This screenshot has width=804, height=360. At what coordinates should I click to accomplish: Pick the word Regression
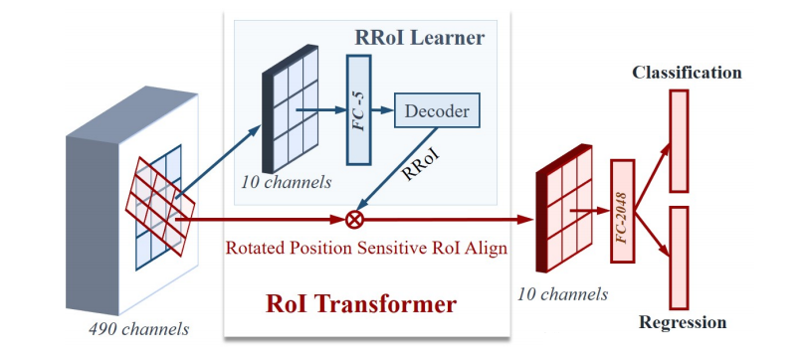point(683,322)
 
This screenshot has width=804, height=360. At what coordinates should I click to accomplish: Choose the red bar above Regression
point(680,255)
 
